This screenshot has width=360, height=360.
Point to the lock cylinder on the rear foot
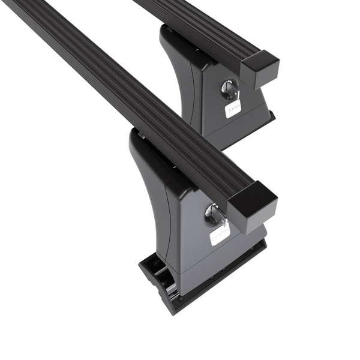click(229, 89)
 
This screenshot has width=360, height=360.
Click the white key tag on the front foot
click(220, 233)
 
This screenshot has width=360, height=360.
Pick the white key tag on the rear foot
click(233, 108)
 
